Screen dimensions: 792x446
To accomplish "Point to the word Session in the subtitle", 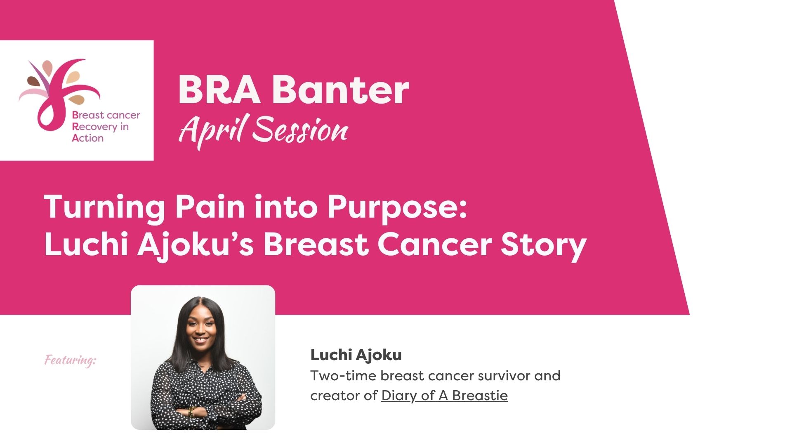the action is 300,130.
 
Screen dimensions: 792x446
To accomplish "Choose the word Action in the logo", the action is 87,138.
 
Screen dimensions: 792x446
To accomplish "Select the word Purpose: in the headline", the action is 397,207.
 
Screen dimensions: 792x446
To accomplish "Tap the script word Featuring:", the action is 71,361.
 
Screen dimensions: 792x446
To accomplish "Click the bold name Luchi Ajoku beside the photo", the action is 356,355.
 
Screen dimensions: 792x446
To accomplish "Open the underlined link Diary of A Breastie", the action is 444,396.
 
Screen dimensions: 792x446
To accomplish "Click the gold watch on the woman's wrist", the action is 191,411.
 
